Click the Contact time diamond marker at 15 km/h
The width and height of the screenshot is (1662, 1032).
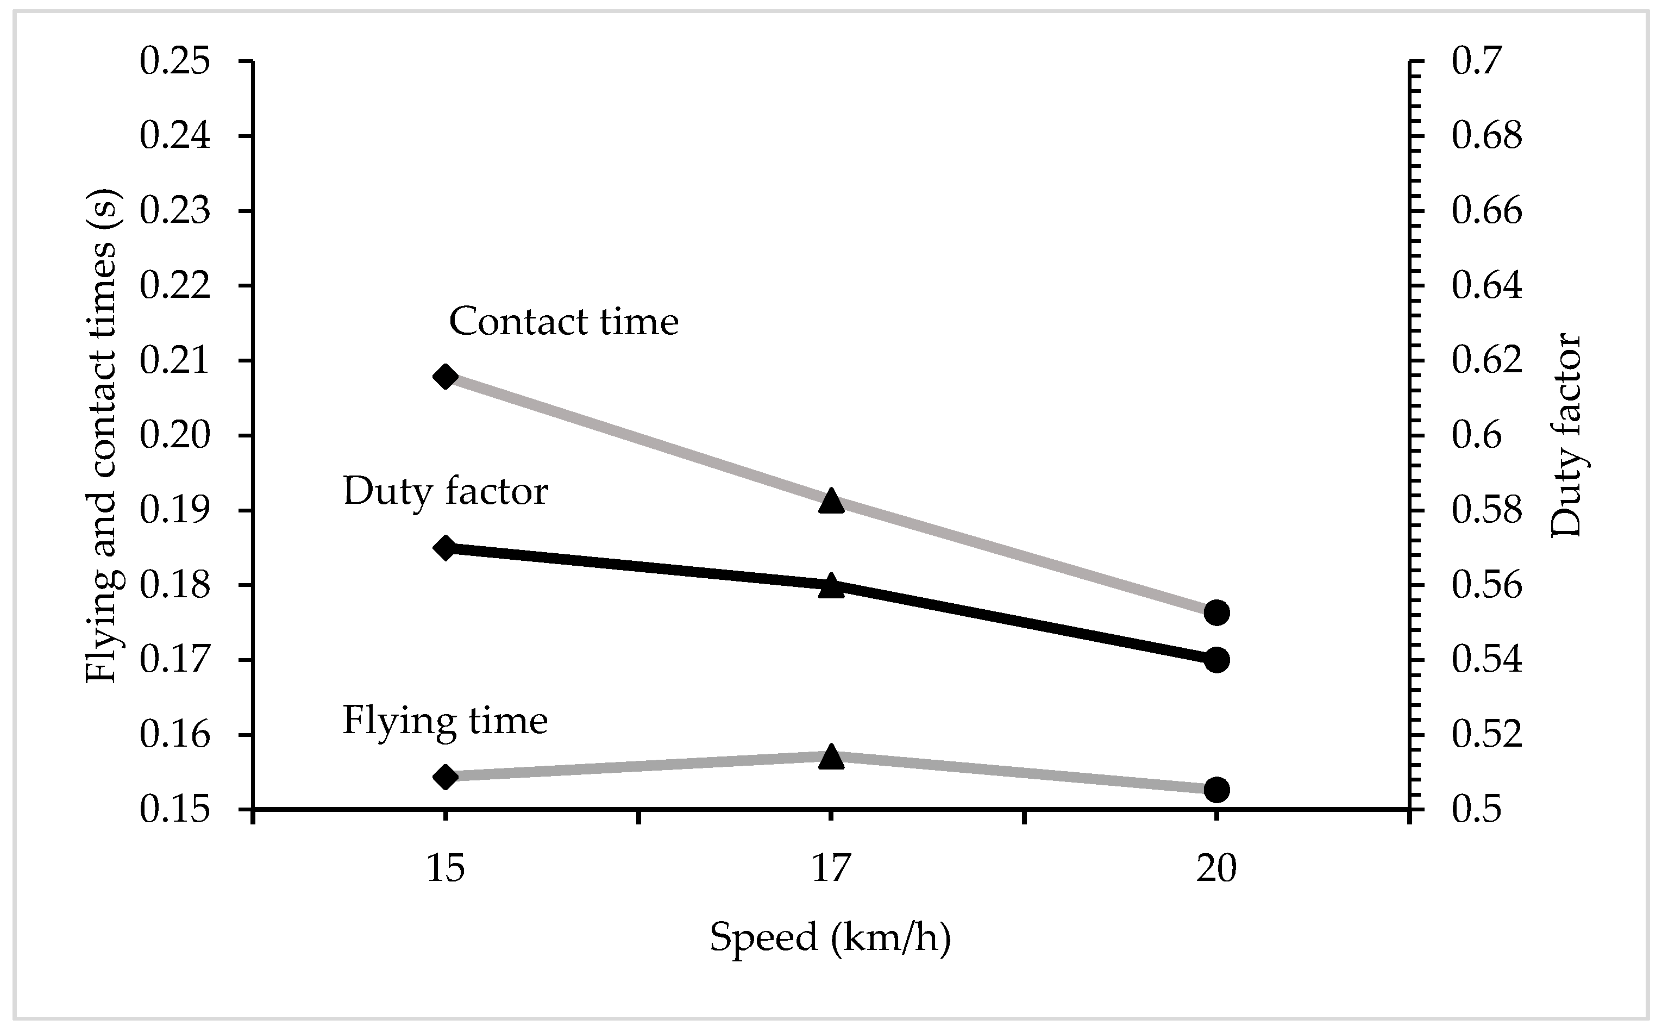446,377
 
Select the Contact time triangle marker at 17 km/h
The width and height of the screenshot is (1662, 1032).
831,501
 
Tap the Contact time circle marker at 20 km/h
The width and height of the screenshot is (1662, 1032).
1216,612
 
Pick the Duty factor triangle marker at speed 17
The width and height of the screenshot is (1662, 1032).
831,586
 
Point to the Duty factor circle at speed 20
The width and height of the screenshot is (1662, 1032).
1216,660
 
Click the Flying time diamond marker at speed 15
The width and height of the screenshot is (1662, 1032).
446,777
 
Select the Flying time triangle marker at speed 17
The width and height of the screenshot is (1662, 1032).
831,757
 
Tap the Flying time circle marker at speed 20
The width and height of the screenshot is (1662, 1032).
1216,790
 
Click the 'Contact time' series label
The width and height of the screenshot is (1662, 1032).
563,322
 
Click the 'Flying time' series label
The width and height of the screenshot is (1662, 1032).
445,721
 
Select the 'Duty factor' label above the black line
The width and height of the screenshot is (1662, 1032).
446,491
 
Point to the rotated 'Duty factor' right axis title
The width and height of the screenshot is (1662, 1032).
1566,435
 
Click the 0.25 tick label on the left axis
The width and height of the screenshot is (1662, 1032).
174,61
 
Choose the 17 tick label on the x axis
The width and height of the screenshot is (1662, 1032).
831,869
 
